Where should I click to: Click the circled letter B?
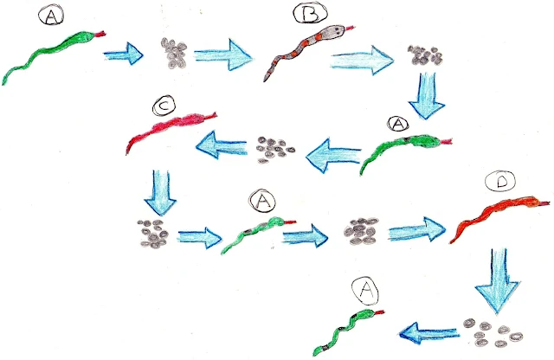click(308, 15)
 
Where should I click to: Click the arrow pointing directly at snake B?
click(222, 56)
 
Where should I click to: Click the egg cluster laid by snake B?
click(423, 55)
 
